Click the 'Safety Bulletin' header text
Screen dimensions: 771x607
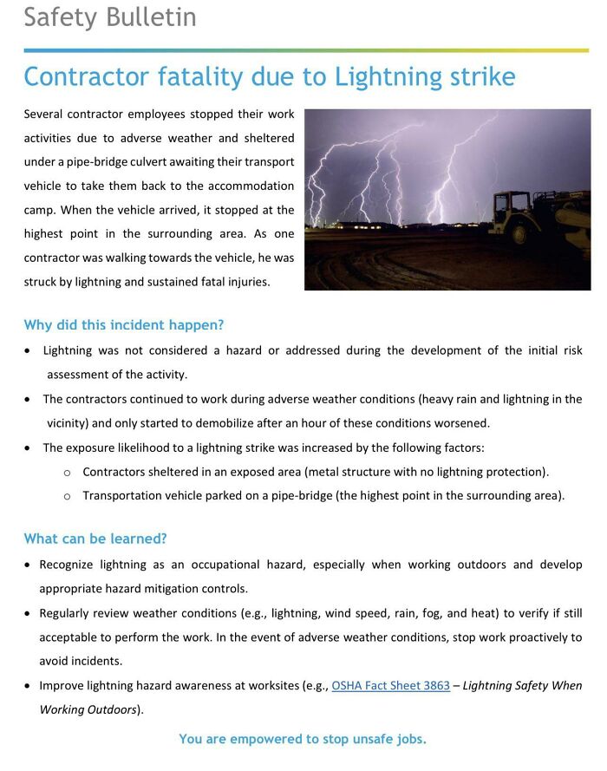pos(110,17)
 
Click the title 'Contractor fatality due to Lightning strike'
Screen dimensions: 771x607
pos(269,77)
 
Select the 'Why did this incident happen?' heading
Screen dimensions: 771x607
pos(124,325)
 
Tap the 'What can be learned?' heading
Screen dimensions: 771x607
pos(95,539)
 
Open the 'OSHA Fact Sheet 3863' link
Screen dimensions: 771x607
pos(390,685)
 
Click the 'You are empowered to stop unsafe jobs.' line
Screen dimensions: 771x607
pos(303,739)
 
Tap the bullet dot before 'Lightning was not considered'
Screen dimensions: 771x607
pos(29,351)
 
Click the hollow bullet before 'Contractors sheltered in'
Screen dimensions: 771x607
pos(67,472)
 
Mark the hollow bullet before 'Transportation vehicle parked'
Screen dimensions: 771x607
pos(67,496)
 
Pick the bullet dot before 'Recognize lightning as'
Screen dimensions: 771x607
pos(29,565)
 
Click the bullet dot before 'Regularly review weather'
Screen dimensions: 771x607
pos(29,613)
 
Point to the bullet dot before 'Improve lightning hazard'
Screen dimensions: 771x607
pos(29,686)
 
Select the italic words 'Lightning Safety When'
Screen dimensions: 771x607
pos(522,685)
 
